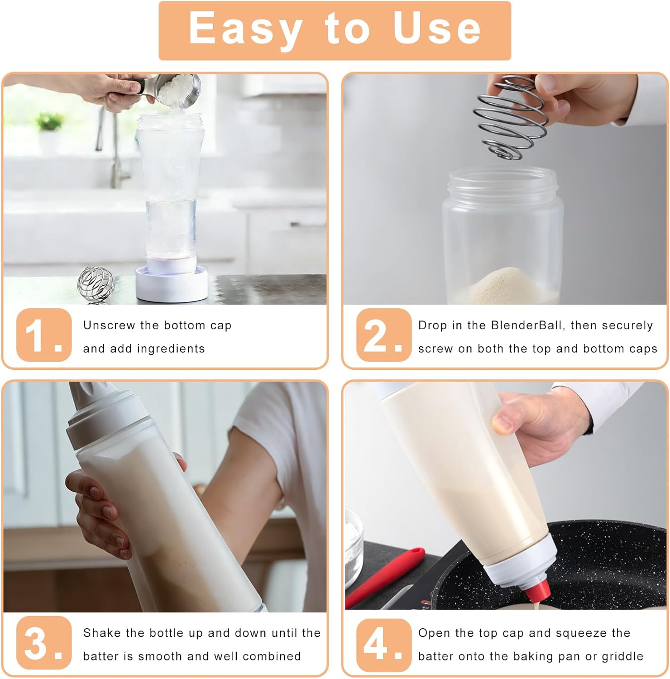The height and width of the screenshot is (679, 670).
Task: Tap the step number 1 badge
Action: (43, 335)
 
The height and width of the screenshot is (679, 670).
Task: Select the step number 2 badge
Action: (383, 335)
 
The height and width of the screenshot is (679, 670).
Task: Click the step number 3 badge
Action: (43, 643)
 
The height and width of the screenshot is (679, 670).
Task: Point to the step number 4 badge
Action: (383, 643)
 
